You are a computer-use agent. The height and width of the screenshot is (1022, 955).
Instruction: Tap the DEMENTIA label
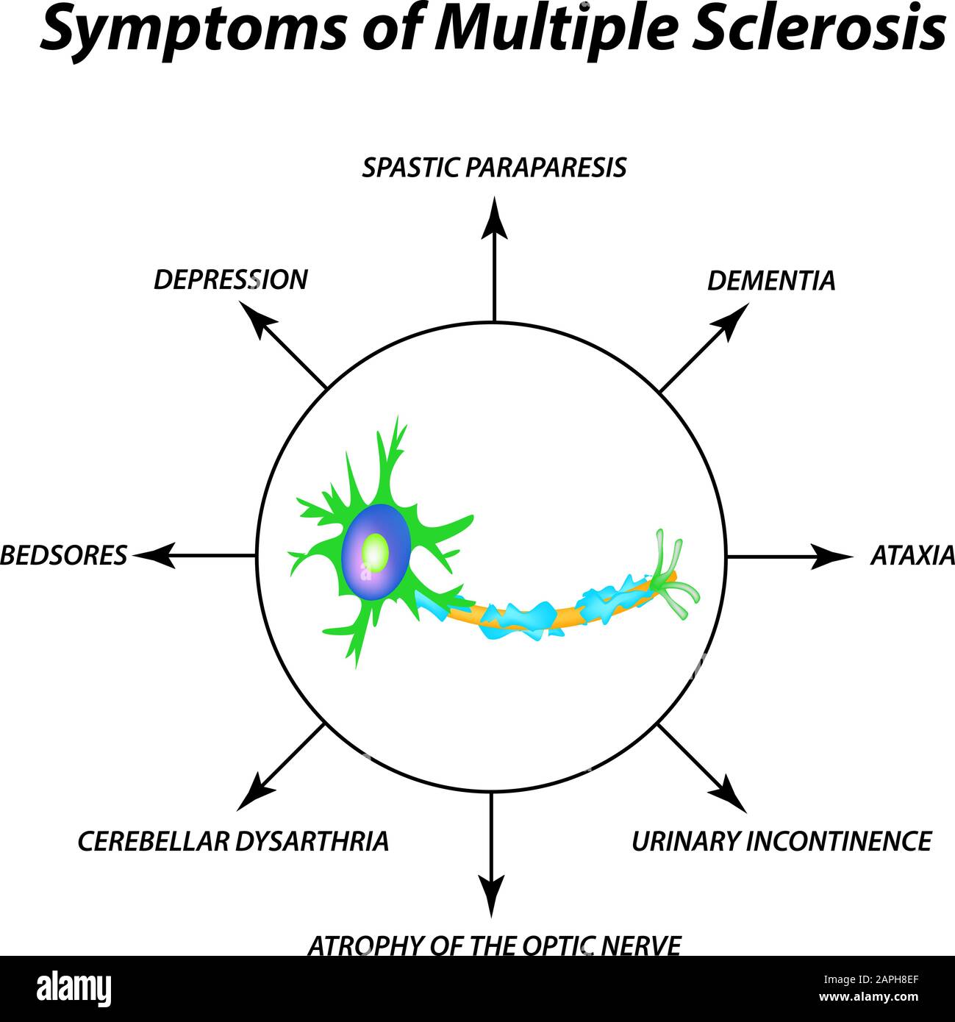(770, 280)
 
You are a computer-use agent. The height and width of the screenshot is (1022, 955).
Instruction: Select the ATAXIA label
(912, 555)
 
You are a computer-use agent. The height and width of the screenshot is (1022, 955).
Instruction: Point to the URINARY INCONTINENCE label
(781, 840)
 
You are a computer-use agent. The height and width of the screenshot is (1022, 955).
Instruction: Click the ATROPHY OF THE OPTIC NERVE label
(494, 945)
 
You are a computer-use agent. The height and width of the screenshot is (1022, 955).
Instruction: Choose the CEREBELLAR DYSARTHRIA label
(233, 840)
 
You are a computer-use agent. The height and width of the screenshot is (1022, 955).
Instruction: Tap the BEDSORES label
(63, 555)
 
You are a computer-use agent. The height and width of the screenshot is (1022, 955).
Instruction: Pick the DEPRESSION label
(230, 279)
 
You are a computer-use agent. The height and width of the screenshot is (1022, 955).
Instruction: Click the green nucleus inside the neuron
(376, 551)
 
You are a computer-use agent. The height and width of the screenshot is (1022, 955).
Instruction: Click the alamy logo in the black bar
(74, 989)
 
